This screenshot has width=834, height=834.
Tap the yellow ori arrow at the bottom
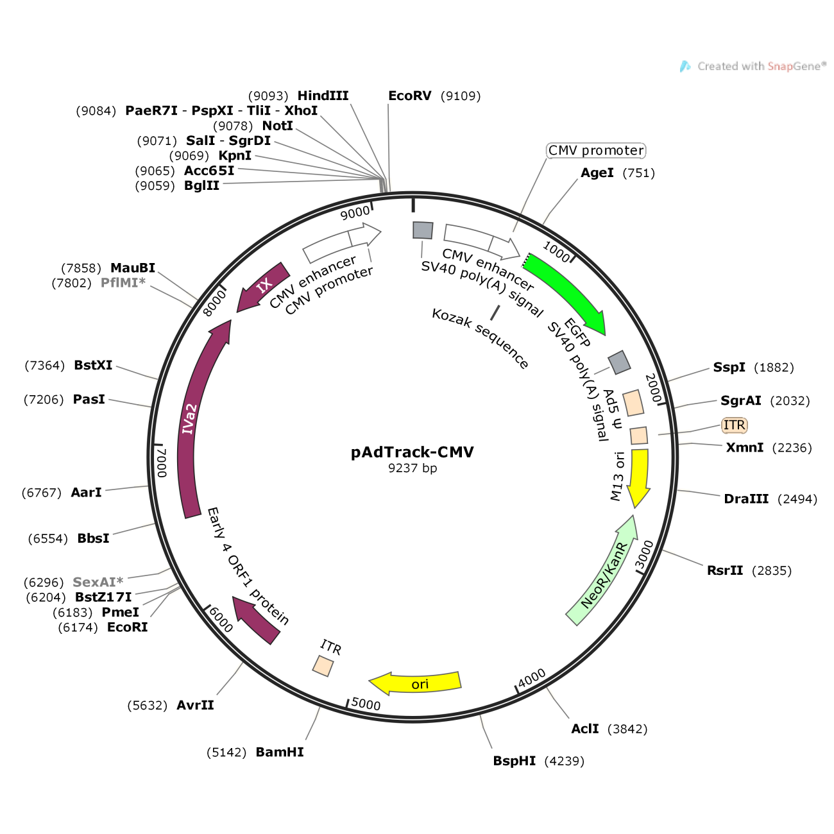416,683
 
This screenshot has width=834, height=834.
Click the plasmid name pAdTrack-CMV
412,452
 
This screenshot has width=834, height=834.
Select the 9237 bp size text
412,468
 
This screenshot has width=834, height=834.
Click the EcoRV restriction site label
409,96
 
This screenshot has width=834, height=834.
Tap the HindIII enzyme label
323,96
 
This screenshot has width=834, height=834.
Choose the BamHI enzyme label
280,752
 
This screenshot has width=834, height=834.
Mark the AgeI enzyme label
597,173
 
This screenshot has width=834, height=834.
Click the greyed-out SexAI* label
98,582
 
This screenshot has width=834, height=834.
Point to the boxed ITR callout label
735,425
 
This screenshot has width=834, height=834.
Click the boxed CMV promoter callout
596,151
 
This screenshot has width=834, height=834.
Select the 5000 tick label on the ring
366,704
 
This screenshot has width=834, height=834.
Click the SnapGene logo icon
685,66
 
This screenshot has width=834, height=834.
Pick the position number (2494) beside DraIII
797,499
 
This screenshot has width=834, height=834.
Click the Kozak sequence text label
480,339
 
